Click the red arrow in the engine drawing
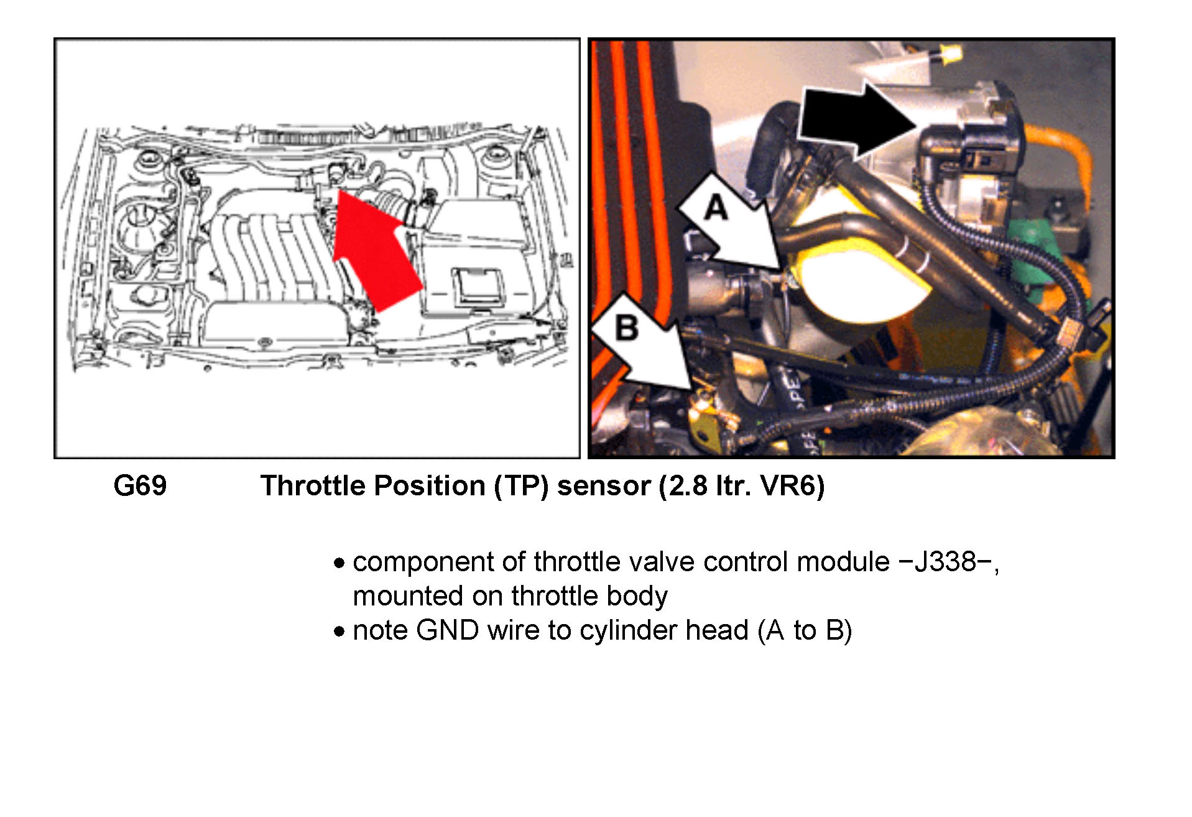[375, 252]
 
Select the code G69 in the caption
[140, 486]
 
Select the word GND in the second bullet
[448, 630]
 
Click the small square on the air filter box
[478, 287]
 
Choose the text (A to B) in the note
[805, 631]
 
